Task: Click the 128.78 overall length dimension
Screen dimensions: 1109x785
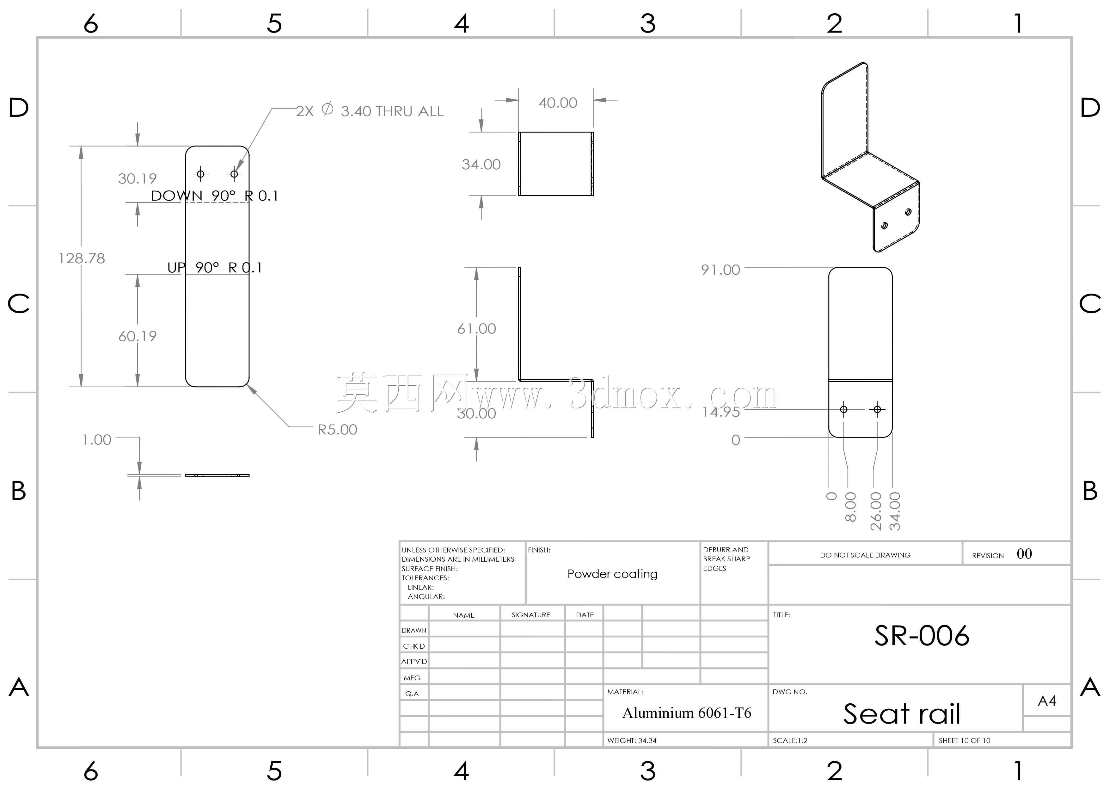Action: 82,258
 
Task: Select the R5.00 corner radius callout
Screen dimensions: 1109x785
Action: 337,429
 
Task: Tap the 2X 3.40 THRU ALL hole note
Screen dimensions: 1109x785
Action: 370,111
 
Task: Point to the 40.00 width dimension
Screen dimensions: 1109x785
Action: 558,103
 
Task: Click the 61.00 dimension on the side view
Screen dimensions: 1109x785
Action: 477,329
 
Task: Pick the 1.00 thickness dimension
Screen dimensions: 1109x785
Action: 97,439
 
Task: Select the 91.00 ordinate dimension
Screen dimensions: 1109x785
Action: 721,270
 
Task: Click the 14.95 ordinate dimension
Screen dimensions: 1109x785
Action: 721,412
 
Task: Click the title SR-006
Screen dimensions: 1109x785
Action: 922,636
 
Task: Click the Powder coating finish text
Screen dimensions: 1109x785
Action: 612,574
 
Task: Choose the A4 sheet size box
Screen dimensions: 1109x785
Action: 1047,701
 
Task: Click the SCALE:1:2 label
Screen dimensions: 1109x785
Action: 790,740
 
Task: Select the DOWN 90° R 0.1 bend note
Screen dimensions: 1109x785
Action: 214,196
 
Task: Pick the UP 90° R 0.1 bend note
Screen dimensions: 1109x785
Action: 214,267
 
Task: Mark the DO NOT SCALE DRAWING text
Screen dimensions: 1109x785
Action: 865,555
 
